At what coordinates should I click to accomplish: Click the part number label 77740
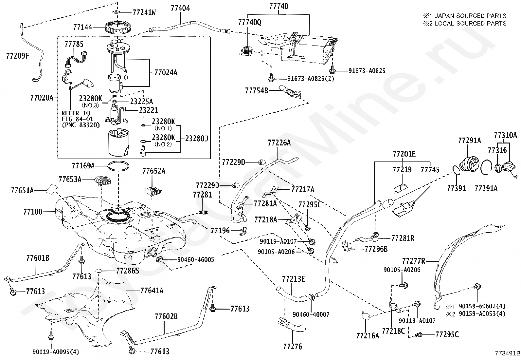[x=278, y=6]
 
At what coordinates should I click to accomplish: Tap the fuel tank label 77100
[x=33, y=212]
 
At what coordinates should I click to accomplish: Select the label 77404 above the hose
[x=180, y=8]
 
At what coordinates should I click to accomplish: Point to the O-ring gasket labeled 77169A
[x=118, y=166]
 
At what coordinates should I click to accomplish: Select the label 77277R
[x=414, y=261]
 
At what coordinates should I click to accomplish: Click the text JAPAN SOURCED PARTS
[x=470, y=16]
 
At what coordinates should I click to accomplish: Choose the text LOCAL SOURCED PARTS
[x=470, y=24]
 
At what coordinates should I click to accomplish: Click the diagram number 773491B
[x=508, y=353]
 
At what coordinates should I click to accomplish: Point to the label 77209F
[x=18, y=56]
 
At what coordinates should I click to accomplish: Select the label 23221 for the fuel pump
[x=148, y=110]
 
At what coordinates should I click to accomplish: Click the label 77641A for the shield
[x=152, y=291]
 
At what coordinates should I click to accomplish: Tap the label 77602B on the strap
[x=166, y=316]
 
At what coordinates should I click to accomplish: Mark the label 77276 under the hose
[x=293, y=347]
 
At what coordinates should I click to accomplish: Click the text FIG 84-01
[x=77, y=119]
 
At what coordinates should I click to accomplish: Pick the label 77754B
[x=257, y=91]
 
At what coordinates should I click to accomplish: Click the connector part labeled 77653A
[x=102, y=181]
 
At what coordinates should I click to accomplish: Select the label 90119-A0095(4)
[x=56, y=352]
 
